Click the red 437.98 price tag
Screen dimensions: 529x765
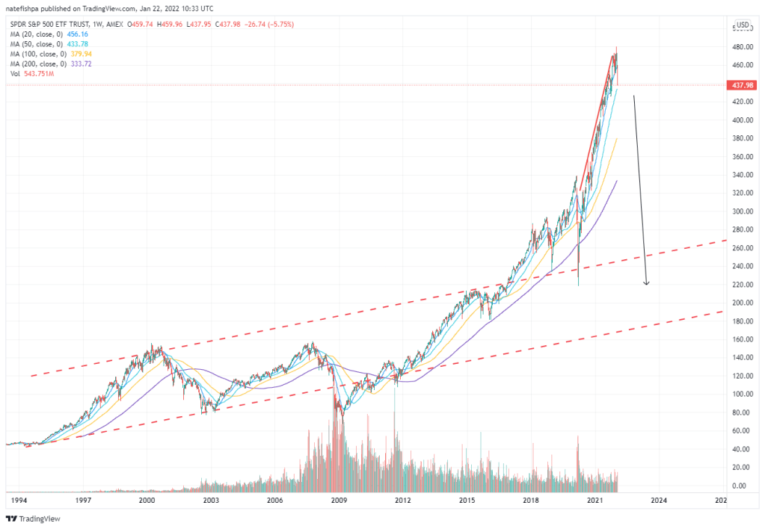point(741,85)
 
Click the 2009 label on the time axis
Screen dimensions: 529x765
point(339,500)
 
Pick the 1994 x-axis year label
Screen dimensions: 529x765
point(20,500)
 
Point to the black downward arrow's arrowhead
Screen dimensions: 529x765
point(647,283)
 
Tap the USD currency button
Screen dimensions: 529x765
point(743,25)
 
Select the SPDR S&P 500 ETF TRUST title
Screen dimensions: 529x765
point(52,25)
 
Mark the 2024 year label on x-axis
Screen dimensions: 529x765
point(658,500)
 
